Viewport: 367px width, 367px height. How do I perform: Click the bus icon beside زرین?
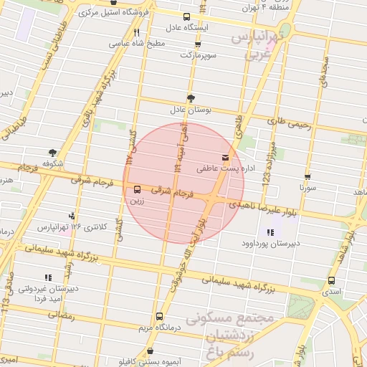pyautogui.click(x=137, y=189)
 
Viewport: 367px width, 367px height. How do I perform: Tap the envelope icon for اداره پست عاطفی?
pyautogui.click(x=226, y=157)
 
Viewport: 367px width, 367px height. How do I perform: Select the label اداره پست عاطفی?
pyautogui.click(x=221, y=169)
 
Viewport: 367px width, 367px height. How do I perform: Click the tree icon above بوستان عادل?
pyautogui.click(x=191, y=98)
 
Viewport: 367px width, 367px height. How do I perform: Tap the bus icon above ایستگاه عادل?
pyautogui.click(x=187, y=16)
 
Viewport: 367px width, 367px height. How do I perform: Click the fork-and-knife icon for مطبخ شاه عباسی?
pyautogui.click(x=136, y=32)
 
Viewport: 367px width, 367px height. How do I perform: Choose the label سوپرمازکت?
pyautogui.click(x=196, y=54)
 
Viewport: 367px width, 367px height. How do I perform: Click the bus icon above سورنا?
pyautogui.click(x=308, y=176)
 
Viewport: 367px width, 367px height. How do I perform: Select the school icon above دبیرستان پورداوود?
pyautogui.click(x=270, y=232)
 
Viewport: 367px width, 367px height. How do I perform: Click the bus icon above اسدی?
pyautogui.click(x=331, y=280)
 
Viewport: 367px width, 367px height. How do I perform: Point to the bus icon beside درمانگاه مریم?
pyautogui.click(x=159, y=316)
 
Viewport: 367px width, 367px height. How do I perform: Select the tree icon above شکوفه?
pyautogui.click(x=52, y=151)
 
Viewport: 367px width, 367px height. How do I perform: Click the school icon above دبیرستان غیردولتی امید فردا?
pyautogui.click(x=47, y=277)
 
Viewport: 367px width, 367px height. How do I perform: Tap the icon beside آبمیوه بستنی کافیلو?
pyautogui.click(x=150, y=351)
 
